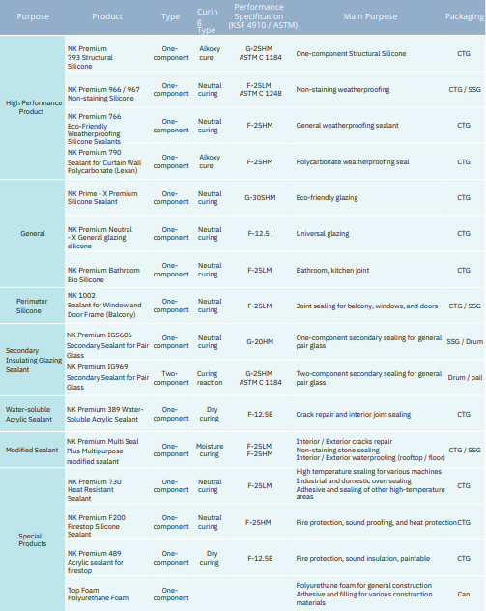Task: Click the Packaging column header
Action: click(x=465, y=16)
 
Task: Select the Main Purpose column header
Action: click(x=370, y=16)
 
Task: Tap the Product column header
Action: click(x=107, y=16)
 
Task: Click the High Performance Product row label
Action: click(x=34, y=107)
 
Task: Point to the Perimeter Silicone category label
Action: click(x=31, y=305)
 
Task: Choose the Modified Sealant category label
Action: click(x=32, y=451)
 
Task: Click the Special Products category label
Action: click(x=32, y=539)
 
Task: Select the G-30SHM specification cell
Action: click(x=260, y=198)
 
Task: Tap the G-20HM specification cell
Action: click(x=260, y=341)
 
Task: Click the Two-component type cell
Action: click(x=171, y=378)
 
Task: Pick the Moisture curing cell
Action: click(x=210, y=451)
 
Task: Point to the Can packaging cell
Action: click(x=464, y=594)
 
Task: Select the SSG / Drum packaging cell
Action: click(x=465, y=341)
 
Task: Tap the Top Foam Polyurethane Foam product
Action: click(x=98, y=594)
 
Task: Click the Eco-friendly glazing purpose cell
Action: click(x=327, y=198)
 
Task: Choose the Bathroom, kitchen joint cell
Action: click(x=332, y=271)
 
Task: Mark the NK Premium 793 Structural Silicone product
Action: click(x=90, y=58)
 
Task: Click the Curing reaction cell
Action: click(x=210, y=378)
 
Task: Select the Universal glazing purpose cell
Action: click(x=323, y=234)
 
